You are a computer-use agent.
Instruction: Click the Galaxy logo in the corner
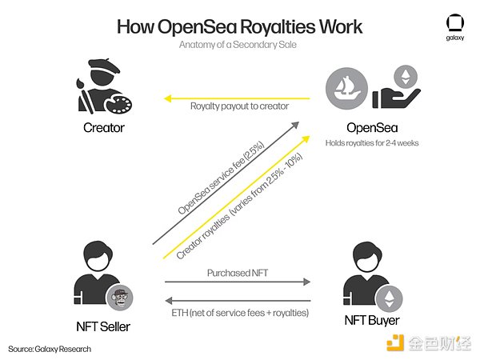coord(455,27)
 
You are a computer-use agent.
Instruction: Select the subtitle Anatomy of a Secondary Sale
coord(238,45)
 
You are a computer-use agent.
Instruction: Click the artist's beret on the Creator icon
coord(104,66)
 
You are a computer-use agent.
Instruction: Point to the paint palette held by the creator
coord(118,104)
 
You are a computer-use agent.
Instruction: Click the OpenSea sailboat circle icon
coord(346,89)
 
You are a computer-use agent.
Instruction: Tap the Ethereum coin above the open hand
coord(406,77)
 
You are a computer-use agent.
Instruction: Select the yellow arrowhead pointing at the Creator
coord(167,98)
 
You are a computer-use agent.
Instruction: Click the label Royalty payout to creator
coord(239,106)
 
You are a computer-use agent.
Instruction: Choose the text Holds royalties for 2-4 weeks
coord(372,143)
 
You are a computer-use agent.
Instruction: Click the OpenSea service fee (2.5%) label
coord(221,178)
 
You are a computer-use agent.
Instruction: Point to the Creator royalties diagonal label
coord(239,206)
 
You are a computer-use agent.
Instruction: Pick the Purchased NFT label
coord(238,273)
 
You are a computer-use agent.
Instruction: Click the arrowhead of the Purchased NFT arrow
coord(306,282)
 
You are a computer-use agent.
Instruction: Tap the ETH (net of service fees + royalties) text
coord(240,313)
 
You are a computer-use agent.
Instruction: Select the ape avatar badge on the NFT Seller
coord(120,298)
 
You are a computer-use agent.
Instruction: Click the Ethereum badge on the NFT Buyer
coord(389,298)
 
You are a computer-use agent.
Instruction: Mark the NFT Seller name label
coord(103,326)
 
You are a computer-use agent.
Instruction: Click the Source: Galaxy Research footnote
coord(50,349)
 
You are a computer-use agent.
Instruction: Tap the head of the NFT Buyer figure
coord(367,257)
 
